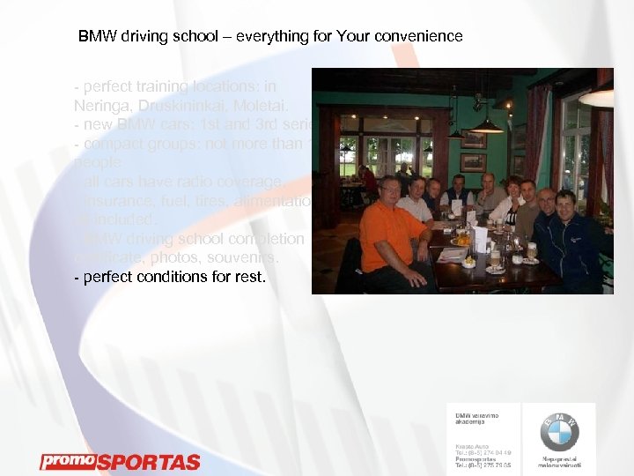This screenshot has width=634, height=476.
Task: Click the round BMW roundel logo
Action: [559, 432]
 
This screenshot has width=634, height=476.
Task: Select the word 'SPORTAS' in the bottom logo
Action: [147, 462]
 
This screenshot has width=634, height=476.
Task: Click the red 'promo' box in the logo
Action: [66, 461]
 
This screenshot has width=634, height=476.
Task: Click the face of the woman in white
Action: [512, 187]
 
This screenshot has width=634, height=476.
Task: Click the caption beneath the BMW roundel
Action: [559, 462]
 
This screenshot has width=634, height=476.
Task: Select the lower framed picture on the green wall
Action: [473, 163]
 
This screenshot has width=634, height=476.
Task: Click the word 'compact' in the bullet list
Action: [108, 143]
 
